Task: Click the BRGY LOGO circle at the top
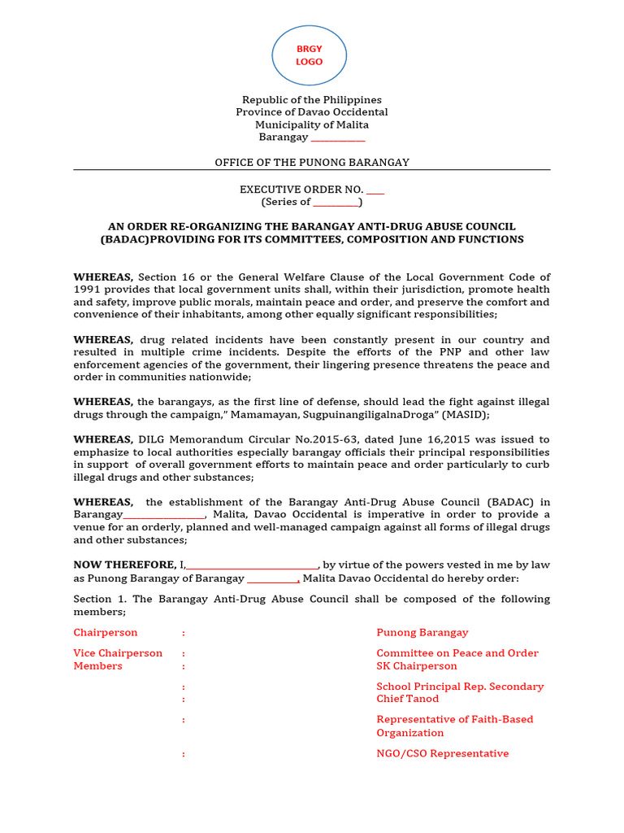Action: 309,55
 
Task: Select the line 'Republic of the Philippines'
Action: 312,100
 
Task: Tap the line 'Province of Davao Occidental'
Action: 312,112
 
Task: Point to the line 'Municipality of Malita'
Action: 312,124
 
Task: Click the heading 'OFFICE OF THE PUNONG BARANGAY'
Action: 312,163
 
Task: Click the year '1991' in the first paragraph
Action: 87,290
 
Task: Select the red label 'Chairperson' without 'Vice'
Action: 106,632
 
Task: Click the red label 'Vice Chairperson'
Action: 118,653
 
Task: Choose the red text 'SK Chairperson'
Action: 417,666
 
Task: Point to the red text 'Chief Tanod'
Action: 407,699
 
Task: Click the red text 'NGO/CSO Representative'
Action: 443,753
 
